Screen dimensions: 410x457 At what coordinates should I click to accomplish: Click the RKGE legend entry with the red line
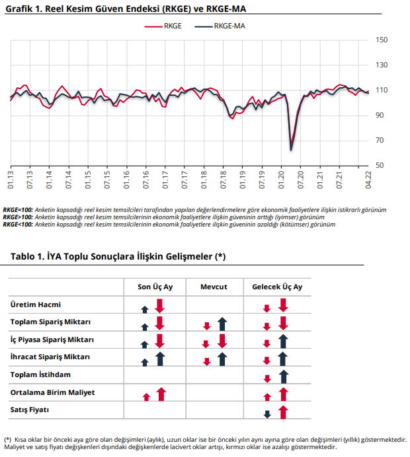(x=163, y=26)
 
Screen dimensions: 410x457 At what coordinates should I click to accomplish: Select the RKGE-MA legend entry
(x=220, y=26)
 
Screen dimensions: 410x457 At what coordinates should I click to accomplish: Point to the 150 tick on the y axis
(x=382, y=40)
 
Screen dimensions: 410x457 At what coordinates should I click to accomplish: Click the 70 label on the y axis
(x=380, y=141)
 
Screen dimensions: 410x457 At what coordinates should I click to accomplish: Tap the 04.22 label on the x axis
(x=368, y=180)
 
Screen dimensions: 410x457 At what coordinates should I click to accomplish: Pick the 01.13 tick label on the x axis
(x=11, y=180)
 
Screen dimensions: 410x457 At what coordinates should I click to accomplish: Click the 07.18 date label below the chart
(x=224, y=180)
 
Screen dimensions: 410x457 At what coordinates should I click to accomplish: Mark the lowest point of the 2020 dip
(x=291, y=151)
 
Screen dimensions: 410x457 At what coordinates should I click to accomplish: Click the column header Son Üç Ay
(x=155, y=287)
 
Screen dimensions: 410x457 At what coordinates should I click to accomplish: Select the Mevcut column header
(x=214, y=287)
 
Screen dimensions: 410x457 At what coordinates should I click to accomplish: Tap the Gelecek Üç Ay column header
(x=277, y=287)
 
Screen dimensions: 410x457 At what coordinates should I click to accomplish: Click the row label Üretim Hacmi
(x=36, y=304)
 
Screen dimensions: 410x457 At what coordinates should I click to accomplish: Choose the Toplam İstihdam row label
(x=40, y=374)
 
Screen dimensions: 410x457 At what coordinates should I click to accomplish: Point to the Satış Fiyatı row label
(x=30, y=410)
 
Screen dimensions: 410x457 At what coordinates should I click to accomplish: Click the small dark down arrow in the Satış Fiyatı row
(x=267, y=414)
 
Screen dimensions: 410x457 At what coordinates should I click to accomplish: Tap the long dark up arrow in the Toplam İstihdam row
(x=284, y=376)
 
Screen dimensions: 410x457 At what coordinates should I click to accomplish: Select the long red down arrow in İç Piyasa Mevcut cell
(x=222, y=341)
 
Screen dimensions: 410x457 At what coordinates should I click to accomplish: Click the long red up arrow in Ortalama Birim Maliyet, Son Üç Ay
(x=161, y=394)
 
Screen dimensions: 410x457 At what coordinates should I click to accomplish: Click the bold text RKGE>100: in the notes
(x=18, y=217)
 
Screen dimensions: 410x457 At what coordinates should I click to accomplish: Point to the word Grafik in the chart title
(x=19, y=9)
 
